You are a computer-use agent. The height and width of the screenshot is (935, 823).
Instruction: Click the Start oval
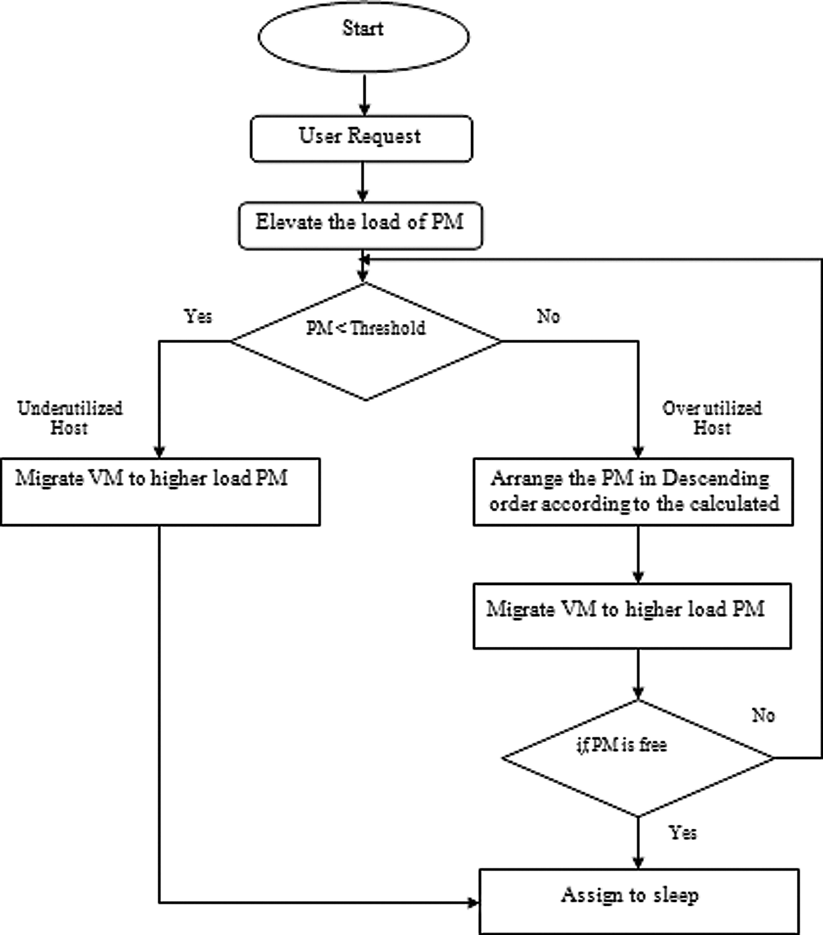point(363,37)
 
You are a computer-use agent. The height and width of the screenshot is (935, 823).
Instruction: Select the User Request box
point(361,138)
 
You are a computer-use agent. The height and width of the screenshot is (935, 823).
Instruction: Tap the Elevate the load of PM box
point(361,225)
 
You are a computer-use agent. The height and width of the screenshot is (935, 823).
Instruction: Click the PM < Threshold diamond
point(365,341)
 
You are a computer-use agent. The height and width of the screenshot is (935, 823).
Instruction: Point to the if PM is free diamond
point(638,758)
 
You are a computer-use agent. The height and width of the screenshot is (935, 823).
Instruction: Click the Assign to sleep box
point(639,901)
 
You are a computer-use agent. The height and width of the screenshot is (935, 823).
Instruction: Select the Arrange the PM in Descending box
point(633,492)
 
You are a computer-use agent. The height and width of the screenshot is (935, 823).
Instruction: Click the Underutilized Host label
point(70,418)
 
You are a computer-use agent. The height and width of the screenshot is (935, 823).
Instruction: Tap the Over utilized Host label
point(712,418)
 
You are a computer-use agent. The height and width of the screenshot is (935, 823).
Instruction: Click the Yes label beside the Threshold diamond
point(198,316)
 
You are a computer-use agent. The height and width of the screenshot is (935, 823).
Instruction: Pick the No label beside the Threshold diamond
point(548,316)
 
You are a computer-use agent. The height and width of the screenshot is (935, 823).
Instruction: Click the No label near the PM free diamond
point(763,715)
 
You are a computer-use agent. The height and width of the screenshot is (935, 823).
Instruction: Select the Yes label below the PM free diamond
point(683,833)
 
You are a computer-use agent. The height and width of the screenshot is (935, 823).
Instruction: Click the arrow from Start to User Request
point(364,94)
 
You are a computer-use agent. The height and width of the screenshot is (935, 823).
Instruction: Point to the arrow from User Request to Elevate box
point(363,182)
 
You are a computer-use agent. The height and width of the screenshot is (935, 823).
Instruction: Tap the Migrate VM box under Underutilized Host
point(161,492)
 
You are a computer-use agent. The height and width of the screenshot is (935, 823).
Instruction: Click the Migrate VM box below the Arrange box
point(633,616)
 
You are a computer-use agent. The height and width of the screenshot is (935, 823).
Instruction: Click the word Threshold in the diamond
point(388,328)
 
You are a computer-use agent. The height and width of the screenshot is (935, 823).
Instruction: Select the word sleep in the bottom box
point(676,895)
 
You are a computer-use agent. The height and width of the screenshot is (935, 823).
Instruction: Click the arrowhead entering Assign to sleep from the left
point(473,902)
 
